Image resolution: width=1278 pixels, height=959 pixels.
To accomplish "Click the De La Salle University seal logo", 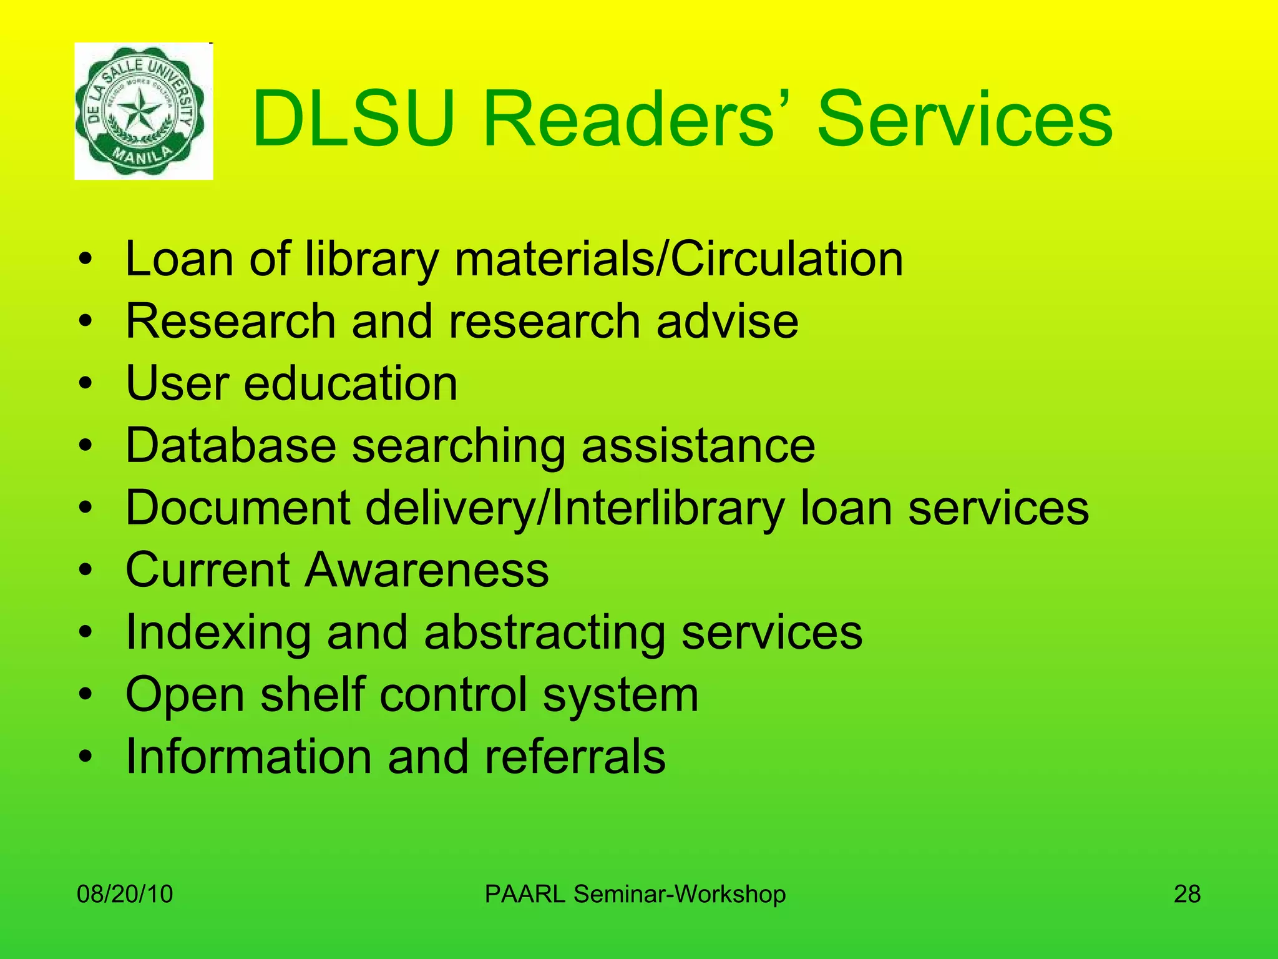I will pos(144,112).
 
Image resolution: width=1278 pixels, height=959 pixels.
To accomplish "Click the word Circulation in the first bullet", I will pos(787,258).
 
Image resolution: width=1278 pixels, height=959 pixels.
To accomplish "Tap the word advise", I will pos(727,321).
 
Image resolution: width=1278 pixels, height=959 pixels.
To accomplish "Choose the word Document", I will pos(238,508).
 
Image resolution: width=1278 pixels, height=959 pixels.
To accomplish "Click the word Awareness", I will pos(427,569).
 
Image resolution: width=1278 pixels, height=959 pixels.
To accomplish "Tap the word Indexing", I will pos(218,633).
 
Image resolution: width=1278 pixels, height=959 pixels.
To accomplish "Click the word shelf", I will pos(312,694).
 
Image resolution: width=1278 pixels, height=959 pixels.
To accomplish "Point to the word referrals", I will pos(575,757).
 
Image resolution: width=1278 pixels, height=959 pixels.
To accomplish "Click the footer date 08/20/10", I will pos(125,894).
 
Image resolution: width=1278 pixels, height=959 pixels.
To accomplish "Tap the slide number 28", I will pos(1187,894).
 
